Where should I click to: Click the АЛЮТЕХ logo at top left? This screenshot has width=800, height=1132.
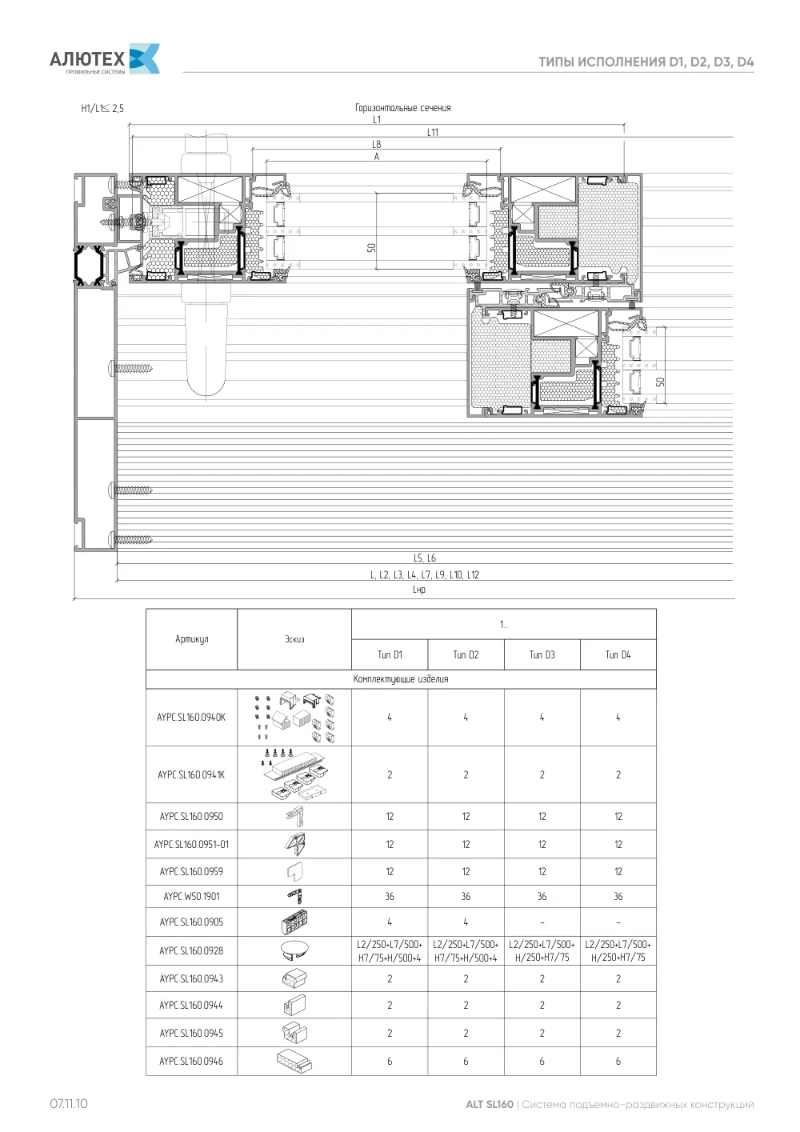(x=105, y=59)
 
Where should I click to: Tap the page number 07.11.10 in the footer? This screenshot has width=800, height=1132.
(x=69, y=1104)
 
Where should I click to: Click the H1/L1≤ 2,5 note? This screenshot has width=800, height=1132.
(x=102, y=108)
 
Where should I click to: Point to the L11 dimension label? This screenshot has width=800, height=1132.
(x=433, y=133)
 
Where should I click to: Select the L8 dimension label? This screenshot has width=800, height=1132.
(x=377, y=145)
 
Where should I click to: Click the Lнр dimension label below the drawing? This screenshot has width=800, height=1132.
(x=419, y=590)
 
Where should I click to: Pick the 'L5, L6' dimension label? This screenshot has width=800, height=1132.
(x=425, y=558)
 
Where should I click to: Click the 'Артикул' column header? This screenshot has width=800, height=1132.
(x=191, y=639)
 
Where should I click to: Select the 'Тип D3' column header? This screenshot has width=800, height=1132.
(x=542, y=655)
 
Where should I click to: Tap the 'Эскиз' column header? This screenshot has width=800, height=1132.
(x=294, y=639)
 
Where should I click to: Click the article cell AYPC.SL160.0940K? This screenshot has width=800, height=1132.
(x=191, y=717)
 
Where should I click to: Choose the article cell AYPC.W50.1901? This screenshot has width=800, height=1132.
(x=191, y=897)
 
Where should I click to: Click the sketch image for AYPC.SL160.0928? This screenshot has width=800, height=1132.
(x=294, y=950)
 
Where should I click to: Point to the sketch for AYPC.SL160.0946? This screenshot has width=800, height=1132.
(x=294, y=1061)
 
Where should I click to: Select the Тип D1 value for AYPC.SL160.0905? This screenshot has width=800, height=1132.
(x=390, y=922)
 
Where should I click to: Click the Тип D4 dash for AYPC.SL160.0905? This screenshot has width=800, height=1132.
(x=618, y=922)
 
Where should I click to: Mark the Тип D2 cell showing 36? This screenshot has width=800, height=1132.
(x=466, y=897)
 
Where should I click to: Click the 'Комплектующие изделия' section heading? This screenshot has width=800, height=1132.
(x=401, y=679)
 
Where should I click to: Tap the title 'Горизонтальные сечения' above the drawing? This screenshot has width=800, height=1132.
(x=402, y=108)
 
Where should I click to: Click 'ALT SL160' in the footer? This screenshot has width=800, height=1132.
(x=489, y=1104)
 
